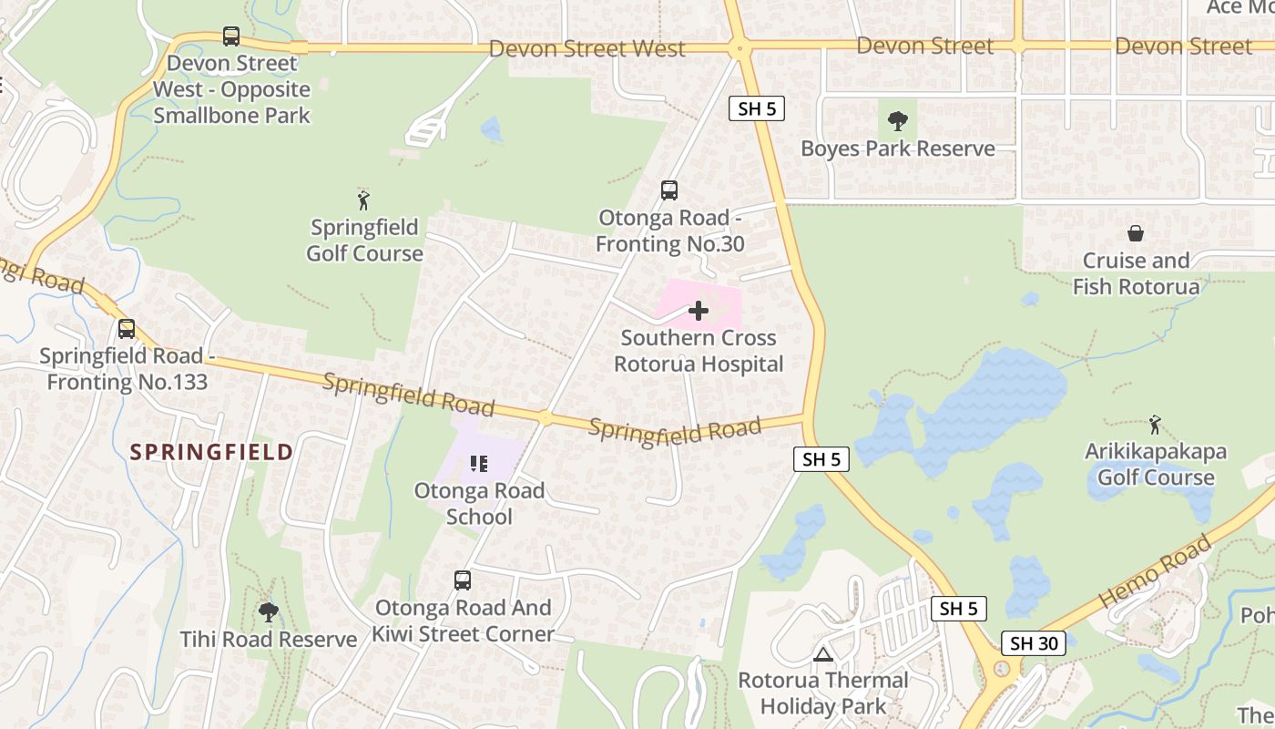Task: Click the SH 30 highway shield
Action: pos(1035,643)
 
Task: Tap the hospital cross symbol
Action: pos(699,312)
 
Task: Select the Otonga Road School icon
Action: pos(479,465)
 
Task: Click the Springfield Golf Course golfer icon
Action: pos(364,200)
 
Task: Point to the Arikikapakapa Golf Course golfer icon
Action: pos(1155,425)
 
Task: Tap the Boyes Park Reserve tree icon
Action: pos(897,121)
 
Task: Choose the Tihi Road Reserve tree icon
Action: pos(268,611)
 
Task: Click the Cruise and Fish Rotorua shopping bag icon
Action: pos(1136,234)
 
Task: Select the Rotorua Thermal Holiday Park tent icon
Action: pos(823,654)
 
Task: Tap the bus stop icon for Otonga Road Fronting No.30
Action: pos(669,190)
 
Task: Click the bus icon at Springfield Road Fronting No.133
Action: pos(127,329)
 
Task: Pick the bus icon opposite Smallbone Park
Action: pos(231,36)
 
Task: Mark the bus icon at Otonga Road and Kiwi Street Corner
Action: pos(463,580)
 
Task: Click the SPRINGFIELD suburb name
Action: pos(211,452)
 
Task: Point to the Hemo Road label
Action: pos(1155,572)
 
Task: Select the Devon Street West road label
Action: pos(587,48)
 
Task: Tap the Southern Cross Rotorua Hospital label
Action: pos(699,351)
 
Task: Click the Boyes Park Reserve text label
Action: pos(897,149)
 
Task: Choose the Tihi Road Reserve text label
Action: pos(268,640)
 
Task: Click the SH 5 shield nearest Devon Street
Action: pos(757,109)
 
